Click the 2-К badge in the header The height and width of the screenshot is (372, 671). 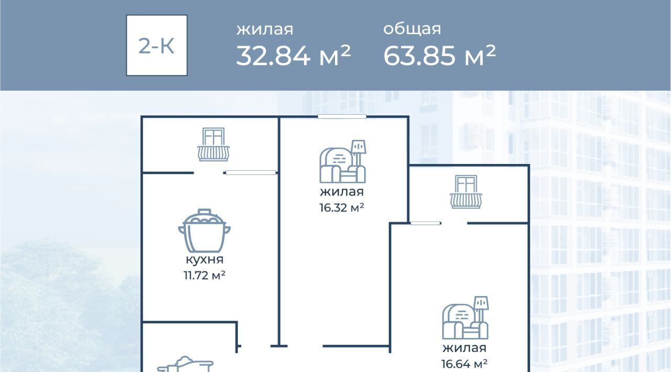coord(157,45)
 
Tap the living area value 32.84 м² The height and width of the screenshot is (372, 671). coord(293,56)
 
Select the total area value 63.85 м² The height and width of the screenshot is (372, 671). coord(439,56)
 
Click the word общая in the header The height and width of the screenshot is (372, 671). coord(412,29)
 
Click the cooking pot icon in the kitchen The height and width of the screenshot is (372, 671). coord(204,231)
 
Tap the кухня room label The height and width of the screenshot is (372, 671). coord(204,260)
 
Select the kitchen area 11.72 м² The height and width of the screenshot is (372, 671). coord(204,275)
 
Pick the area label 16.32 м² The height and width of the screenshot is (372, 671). coord(342,207)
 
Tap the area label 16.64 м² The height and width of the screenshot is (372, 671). coord(464,364)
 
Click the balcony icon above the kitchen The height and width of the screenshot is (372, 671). coord(213,145)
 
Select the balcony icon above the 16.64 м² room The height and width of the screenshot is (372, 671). coord(466,192)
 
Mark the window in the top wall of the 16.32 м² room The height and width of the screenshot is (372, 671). coord(342,116)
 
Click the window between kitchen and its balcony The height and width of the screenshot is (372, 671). coord(251,172)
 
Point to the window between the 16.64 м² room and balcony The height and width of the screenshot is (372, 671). coord(425,223)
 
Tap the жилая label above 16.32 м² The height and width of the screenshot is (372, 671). coord(342,192)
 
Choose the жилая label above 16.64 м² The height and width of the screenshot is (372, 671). coord(464,348)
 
